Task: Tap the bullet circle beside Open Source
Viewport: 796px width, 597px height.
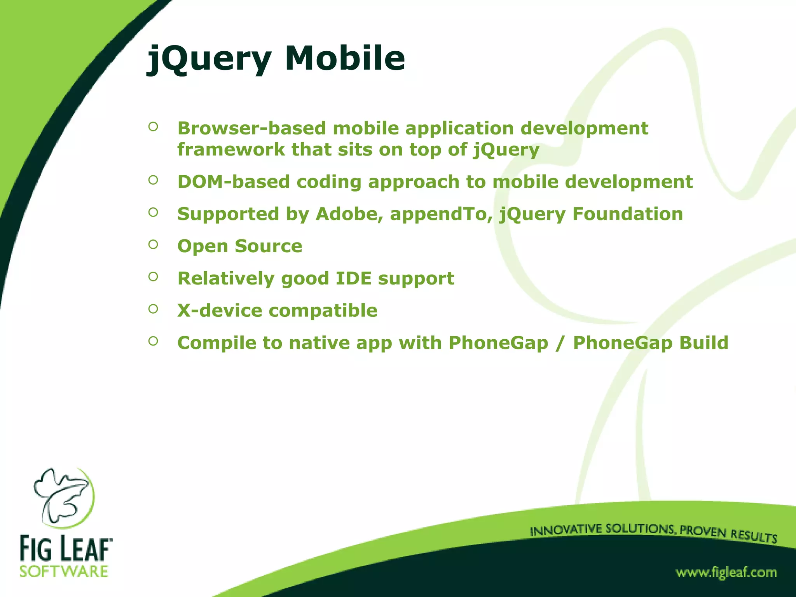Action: [153, 244]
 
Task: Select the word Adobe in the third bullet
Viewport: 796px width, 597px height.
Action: [349, 214]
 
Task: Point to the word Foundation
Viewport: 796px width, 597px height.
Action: [627, 214]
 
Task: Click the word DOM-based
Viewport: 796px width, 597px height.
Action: [234, 182]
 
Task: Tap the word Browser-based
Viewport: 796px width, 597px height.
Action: [251, 128]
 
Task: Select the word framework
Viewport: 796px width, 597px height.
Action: [231, 150]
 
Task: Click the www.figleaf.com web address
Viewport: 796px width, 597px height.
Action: [726, 573]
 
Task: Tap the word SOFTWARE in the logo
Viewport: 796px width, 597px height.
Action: [64, 572]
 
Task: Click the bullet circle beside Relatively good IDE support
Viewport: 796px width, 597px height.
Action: [153, 277]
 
